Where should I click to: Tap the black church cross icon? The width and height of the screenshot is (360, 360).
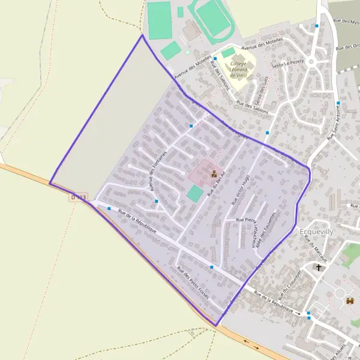[x=319, y=267]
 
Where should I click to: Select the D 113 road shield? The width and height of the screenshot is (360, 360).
[x=79, y=197]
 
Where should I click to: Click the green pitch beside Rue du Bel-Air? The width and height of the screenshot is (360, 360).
[x=195, y=193]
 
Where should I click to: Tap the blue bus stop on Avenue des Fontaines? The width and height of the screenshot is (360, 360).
[x=157, y=201]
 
